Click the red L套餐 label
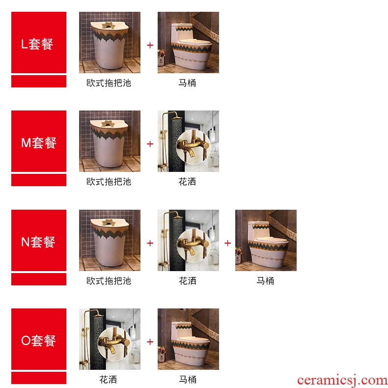pyautogui.click(x=39, y=42)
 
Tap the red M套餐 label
pyautogui.click(x=39, y=141)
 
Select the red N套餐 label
pyautogui.click(x=39, y=240)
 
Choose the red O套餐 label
pyautogui.click(x=39, y=339)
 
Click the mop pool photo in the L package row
pyautogui.click(x=110, y=42)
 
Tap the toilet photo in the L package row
pyautogui.click(x=188, y=42)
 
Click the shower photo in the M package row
pyautogui.click(x=188, y=141)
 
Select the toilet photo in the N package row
pyautogui.click(x=266, y=240)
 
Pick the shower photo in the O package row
pyautogui.click(x=110, y=339)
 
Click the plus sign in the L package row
pyautogui.click(x=150, y=45)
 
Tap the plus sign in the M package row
pyautogui.click(x=150, y=144)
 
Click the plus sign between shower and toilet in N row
pyautogui.click(x=228, y=243)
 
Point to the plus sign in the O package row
pyautogui.click(x=150, y=342)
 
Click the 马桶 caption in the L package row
pyautogui.click(x=187, y=83)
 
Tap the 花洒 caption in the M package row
pyautogui.click(x=187, y=182)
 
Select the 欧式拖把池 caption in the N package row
pyautogui.click(x=109, y=281)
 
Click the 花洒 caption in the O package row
pyautogui.click(x=108, y=380)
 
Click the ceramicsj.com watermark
pyautogui.click(x=342, y=381)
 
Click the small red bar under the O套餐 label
pyautogui.click(x=39, y=378)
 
